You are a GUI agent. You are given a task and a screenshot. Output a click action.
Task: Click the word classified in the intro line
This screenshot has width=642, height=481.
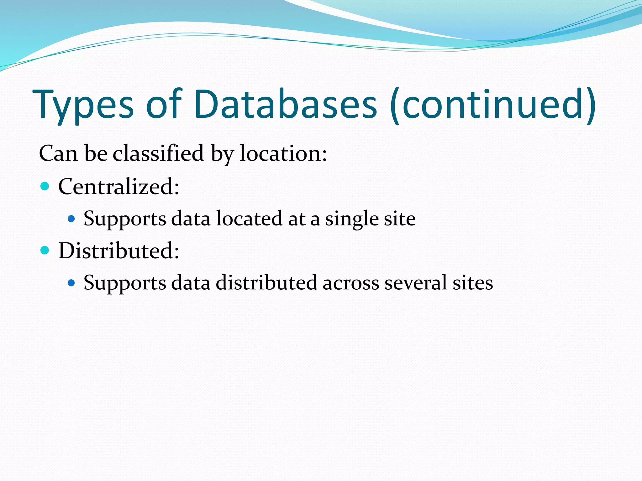[x=158, y=153]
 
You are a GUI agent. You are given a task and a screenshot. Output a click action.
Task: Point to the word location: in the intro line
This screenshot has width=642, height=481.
[x=283, y=153]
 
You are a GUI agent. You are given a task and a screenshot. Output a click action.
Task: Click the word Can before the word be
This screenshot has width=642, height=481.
[x=58, y=153]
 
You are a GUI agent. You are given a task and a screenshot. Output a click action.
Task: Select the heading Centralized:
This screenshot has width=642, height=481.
[x=119, y=187]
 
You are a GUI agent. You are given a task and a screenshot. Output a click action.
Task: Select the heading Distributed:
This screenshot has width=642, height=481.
[x=119, y=251]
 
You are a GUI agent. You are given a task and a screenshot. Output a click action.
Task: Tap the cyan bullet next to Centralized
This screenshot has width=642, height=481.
[x=45, y=186]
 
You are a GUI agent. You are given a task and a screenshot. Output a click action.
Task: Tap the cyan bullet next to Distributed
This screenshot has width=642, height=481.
[x=45, y=250]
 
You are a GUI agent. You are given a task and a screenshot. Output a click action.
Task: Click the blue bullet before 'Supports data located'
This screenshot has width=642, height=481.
[x=71, y=219]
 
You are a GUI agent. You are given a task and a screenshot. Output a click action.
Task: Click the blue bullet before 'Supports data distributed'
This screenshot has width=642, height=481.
[x=71, y=283]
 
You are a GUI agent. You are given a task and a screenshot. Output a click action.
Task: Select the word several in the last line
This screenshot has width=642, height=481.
[x=415, y=283]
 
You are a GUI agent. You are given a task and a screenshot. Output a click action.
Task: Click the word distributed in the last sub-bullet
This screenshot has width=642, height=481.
[x=266, y=283]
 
